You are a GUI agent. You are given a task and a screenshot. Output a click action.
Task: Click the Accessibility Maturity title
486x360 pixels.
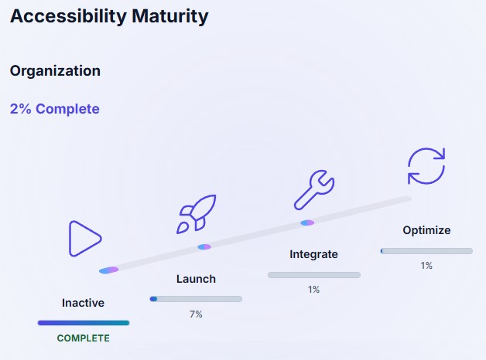109,17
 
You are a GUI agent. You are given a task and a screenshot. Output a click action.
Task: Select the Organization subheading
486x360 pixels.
55,70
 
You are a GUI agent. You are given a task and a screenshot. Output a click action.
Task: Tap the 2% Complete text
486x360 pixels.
54,109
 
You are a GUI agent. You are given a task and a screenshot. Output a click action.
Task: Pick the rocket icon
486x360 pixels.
196,214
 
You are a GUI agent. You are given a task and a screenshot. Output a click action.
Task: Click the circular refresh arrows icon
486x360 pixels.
426,166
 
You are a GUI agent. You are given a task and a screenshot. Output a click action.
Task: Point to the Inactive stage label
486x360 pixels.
83,303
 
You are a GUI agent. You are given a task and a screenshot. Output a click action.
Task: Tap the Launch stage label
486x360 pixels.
196,279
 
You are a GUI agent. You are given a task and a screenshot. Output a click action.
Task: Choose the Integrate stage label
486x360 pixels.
313,254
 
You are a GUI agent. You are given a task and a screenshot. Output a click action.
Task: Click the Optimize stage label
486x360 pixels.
426,230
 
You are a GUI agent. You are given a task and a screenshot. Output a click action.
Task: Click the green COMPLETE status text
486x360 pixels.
83,338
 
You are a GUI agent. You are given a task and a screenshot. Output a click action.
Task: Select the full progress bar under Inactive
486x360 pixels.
83,323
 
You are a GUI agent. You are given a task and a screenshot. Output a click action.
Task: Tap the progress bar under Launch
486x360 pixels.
196,299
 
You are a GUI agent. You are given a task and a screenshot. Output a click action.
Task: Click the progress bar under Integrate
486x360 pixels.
313,275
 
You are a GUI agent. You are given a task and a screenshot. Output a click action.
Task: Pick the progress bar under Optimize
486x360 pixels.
426,251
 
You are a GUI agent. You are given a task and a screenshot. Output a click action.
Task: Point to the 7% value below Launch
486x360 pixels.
196,314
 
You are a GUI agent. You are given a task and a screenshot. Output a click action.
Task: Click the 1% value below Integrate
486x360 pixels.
313,290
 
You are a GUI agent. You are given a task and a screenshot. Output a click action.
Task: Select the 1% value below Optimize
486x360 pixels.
426,266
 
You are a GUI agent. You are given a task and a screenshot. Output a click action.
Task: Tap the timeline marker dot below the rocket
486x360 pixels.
204,247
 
